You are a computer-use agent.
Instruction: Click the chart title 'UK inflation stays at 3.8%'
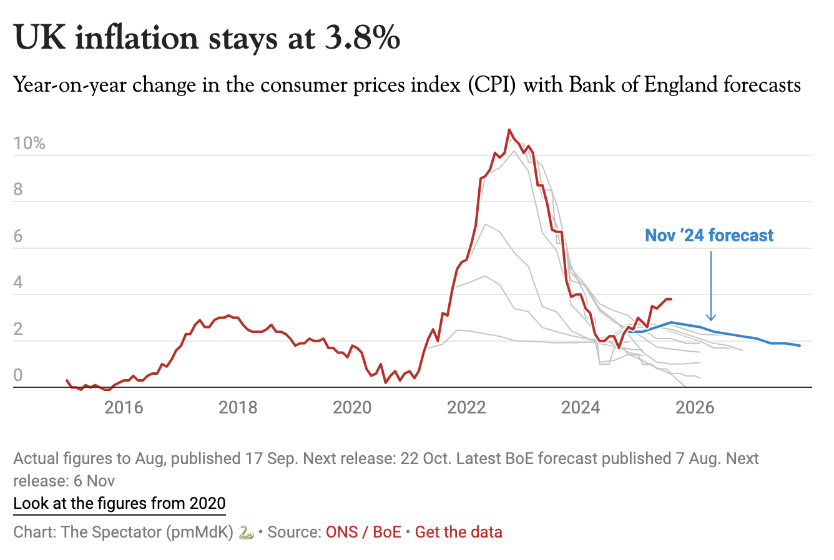(x=207, y=38)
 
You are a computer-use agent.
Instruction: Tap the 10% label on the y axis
(x=29, y=143)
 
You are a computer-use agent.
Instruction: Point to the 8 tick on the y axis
(x=18, y=190)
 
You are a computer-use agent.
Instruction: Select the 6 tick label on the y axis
(x=18, y=236)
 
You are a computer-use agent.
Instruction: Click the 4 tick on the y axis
(x=18, y=282)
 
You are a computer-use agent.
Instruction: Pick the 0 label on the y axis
(x=18, y=375)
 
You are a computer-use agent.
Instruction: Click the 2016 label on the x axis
(x=124, y=408)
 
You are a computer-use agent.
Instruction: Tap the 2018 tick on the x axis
(x=238, y=408)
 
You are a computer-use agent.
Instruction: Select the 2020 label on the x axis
(x=352, y=408)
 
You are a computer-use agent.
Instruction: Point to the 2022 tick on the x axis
(x=466, y=408)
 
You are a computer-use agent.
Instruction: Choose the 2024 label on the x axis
(x=581, y=408)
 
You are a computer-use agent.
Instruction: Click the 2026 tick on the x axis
(x=695, y=408)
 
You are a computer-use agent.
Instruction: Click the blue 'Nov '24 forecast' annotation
(x=709, y=236)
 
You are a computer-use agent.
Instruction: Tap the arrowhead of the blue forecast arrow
(x=711, y=317)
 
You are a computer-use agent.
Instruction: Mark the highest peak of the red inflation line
(x=509, y=130)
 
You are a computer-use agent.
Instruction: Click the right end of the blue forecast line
(x=800, y=345)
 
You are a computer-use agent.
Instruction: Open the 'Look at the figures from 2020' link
(x=119, y=503)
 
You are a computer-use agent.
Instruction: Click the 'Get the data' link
(x=458, y=532)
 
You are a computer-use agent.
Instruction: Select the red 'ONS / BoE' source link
(x=363, y=532)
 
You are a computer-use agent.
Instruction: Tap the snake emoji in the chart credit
(x=246, y=532)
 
